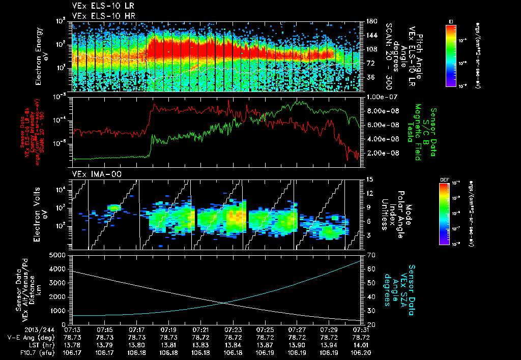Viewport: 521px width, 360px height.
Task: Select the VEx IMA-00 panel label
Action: click(92, 174)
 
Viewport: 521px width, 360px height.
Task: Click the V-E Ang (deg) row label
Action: click(24, 337)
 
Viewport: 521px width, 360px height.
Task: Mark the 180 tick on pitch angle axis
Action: click(370, 21)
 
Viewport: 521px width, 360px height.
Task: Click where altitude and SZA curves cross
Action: click(224, 303)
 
